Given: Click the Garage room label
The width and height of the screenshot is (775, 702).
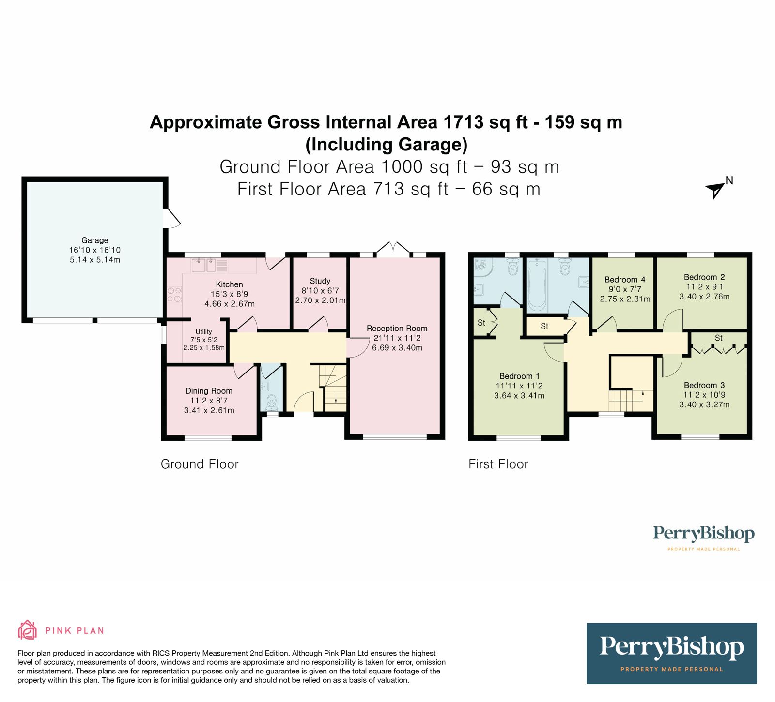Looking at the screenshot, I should click(x=94, y=240).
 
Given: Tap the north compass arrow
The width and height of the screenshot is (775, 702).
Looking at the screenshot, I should click(x=714, y=190).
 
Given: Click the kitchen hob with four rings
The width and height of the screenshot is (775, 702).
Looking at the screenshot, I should click(x=174, y=295).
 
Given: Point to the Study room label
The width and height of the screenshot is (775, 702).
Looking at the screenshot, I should click(x=320, y=281).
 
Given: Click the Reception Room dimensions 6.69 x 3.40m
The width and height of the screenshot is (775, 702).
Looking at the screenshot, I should click(x=397, y=348).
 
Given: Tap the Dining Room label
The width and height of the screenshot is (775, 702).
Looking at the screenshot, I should click(x=209, y=391).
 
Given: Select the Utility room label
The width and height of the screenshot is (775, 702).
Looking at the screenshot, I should click(x=203, y=331).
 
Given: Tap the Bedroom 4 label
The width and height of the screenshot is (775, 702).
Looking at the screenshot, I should click(x=624, y=279).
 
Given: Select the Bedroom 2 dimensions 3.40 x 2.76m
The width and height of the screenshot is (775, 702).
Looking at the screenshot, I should click(x=704, y=297).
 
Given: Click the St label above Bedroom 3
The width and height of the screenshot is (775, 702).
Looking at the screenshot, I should click(x=718, y=338).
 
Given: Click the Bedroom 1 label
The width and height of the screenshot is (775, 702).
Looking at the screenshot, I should click(x=519, y=376).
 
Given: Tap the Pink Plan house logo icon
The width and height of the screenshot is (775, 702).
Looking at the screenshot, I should click(x=27, y=630).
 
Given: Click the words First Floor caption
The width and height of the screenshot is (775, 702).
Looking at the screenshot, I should click(x=498, y=464).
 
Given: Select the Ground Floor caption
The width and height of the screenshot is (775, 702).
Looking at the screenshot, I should click(x=200, y=464).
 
